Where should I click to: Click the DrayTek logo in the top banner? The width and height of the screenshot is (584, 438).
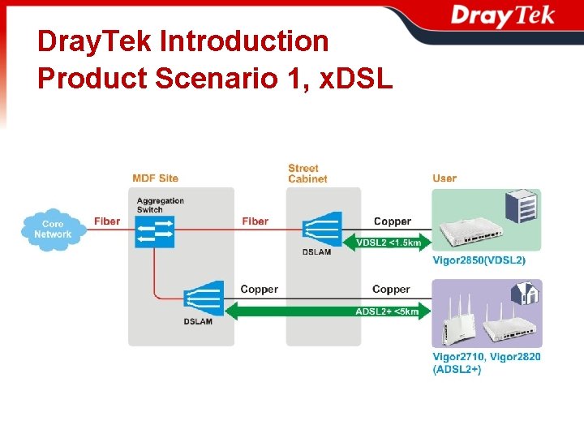coord(502,15)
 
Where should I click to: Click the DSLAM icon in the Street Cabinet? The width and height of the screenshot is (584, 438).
coord(321,229)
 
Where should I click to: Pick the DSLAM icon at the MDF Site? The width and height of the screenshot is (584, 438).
coord(204,298)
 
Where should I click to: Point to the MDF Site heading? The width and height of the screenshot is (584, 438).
coord(155,178)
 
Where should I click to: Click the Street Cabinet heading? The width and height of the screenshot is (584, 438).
coord(307,174)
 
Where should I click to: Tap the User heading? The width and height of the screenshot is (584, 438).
coord(444,178)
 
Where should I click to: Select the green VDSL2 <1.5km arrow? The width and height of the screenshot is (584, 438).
coord(389,242)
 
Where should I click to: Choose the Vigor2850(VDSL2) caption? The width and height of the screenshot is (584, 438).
coord(479,260)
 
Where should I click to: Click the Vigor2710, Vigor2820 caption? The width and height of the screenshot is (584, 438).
coord(487,356)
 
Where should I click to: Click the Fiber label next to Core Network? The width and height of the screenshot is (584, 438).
coord(106,221)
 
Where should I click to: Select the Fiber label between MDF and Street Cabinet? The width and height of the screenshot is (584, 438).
coord(255,221)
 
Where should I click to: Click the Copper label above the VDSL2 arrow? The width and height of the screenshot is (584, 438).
coord(392,221)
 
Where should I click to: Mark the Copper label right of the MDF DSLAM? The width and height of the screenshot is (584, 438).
coord(259,289)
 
